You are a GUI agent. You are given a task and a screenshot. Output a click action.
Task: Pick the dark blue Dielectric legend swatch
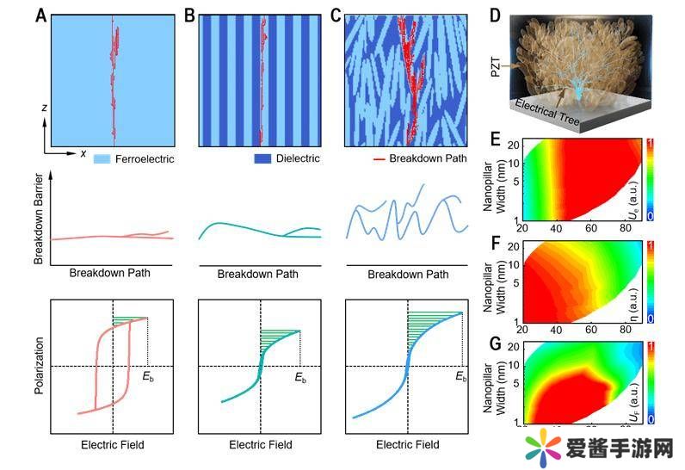coord(262,158)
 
